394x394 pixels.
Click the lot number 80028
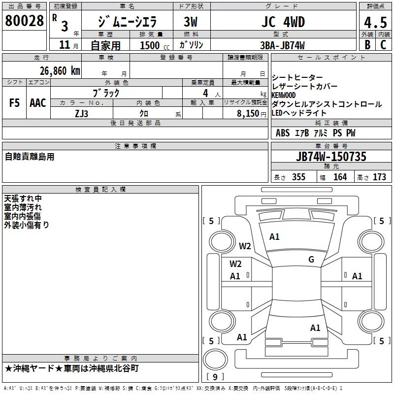[x=24, y=21]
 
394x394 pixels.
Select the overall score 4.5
[x=375, y=22]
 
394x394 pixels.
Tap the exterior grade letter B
[x=367, y=45]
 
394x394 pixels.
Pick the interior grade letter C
[x=383, y=45]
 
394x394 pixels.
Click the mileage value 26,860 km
[x=60, y=71]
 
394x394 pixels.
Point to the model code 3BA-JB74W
[x=282, y=45]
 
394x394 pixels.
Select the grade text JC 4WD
[x=283, y=22]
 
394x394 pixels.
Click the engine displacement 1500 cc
[x=155, y=45]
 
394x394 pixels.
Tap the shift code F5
[x=14, y=103]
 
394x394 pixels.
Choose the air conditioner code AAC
[x=38, y=103]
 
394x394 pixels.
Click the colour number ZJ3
[x=81, y=114]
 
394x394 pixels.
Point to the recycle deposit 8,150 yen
[x=251, y=114]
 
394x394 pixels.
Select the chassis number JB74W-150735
[x=331, y=156]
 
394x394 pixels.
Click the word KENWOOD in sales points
[x=284, y=95]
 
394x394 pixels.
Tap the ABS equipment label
[x=283, y=133]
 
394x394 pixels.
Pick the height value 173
[x=379, y=177]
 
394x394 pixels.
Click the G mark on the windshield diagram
[x=311, y=259]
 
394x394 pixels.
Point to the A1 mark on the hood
[x=274, y=237]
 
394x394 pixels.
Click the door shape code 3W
[x=191, y=22]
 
